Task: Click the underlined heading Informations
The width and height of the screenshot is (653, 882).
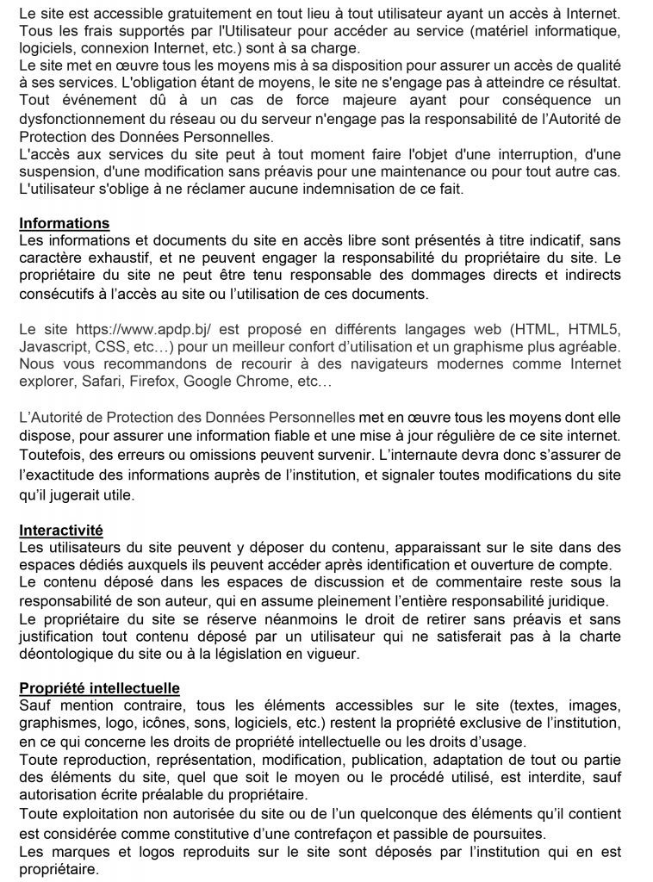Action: coord(64,224)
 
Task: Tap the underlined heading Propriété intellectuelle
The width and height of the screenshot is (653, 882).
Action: coord(99,688)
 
